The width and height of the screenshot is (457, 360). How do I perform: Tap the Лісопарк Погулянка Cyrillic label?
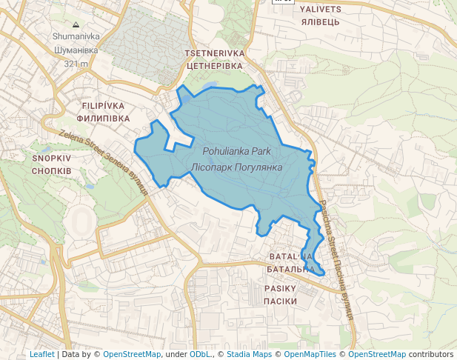[x=237, y=167]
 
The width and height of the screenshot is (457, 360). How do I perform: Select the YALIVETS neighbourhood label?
[x=321, y=10]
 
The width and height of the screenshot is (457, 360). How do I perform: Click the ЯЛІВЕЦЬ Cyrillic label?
[x=321, y=22]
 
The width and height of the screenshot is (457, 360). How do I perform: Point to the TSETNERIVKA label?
[x=214, y=53]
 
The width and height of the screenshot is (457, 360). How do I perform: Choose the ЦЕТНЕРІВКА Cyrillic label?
[x=214, y=66]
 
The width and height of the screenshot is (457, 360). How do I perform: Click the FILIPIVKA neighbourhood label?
[x=103, y=106]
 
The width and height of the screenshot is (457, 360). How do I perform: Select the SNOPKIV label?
[x=51, y=158]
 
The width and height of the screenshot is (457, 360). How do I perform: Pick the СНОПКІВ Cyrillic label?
[x=51, y=170]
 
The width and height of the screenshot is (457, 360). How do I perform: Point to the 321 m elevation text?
[x=76, y=64]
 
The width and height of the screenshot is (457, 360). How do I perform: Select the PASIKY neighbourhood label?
[x=280, y=288]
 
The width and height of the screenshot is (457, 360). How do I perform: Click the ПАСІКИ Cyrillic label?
[x=280, y=301]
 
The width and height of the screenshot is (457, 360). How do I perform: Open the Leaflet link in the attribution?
[x=41, y=354]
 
